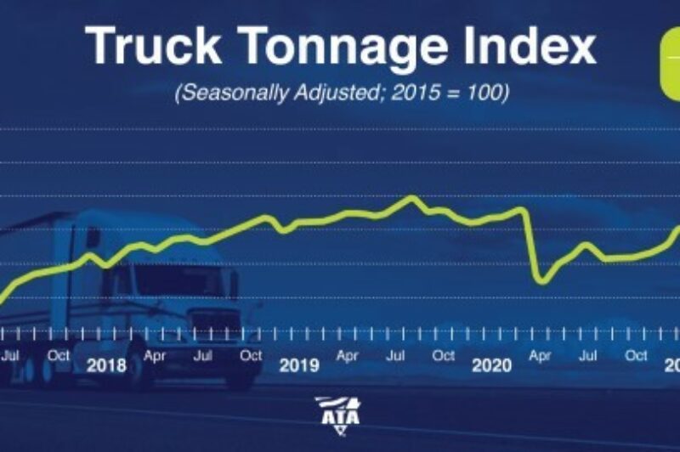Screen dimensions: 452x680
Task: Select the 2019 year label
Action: point(299,366)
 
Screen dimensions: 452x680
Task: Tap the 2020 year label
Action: point(491,366)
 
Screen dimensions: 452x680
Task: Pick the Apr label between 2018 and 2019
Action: point(155,356)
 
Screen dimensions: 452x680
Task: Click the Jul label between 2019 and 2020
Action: point(395,356)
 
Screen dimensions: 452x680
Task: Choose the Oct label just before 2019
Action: point(251,356)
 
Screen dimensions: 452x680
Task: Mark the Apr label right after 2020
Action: point(540,356)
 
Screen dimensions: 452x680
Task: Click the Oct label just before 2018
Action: point(59,356)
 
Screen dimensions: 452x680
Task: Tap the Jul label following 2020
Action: point(587,356)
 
